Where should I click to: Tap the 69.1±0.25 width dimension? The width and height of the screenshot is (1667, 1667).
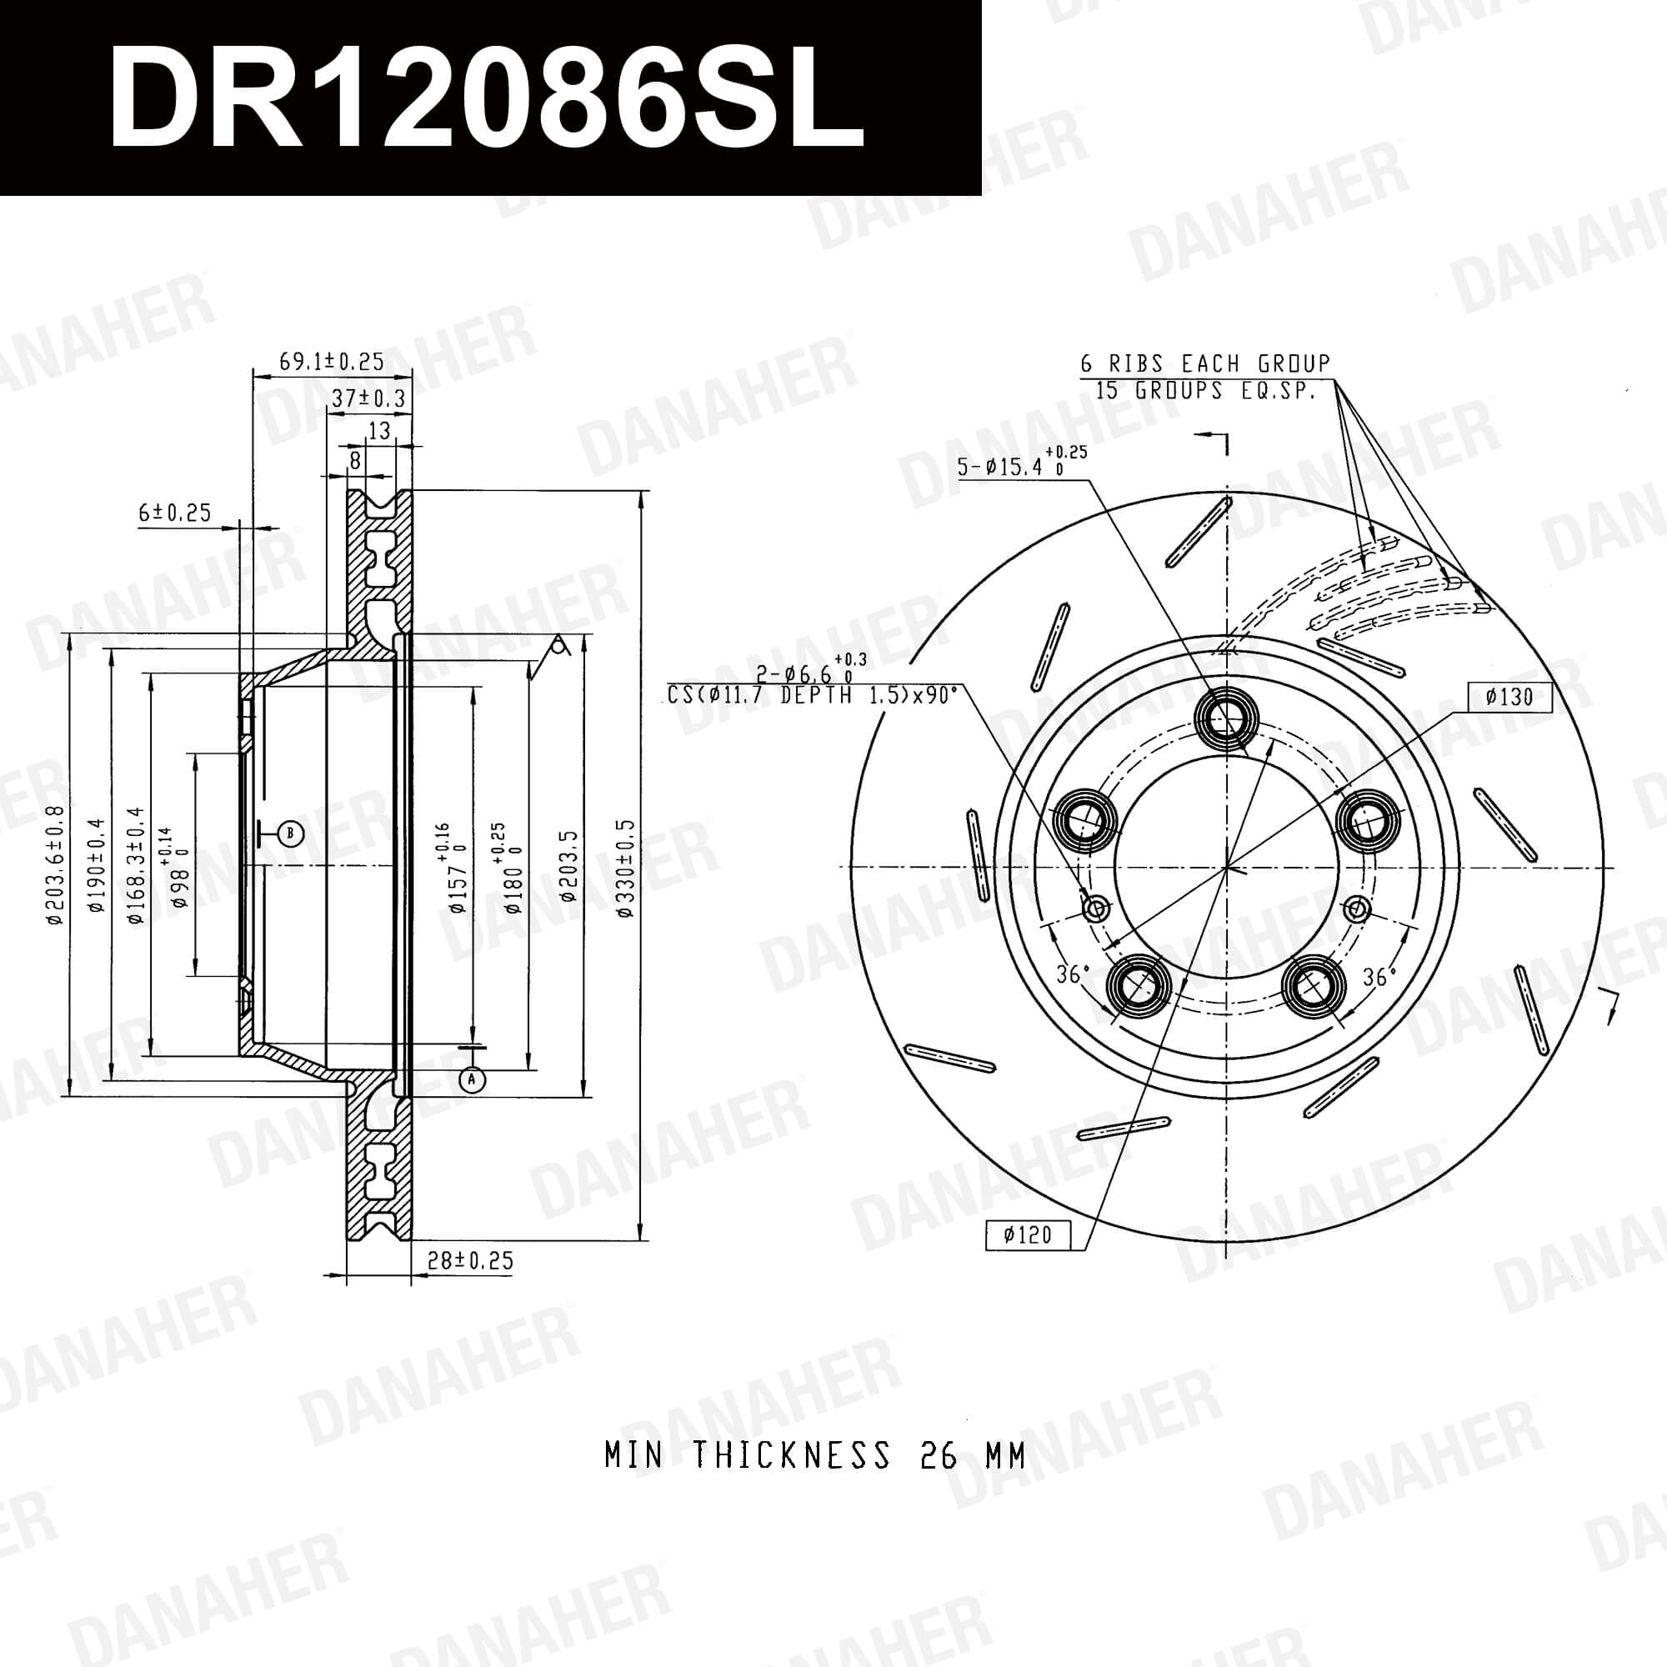tap(333, 362)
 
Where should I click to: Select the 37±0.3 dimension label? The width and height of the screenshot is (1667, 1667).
tap(368, 398)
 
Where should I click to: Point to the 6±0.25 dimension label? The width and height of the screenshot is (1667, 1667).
tap(175, 513)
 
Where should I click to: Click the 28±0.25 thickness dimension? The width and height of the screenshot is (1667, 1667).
tap(471, 1260)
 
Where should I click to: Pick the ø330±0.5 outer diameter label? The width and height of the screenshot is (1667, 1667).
tap(626, 867)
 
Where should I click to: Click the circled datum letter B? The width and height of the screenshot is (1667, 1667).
tap(292, 833)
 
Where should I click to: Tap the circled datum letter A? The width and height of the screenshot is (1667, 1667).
tap(472, 1079)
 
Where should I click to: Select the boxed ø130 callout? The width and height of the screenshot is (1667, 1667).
tap(1511, 697)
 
